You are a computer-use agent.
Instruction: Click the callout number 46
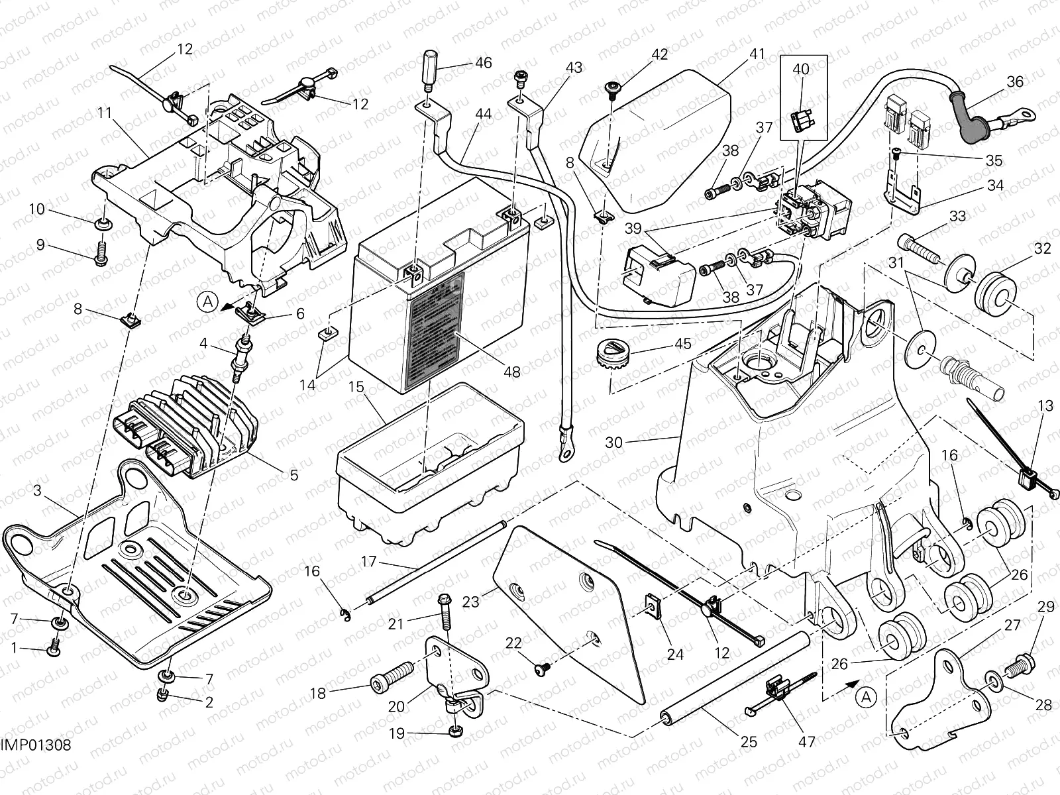(483, 64)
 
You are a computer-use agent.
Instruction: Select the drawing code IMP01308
(36, 746)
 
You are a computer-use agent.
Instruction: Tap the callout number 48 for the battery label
(511, 372)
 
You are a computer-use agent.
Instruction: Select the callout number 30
(613, 442)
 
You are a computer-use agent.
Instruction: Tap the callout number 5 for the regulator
(293, 474)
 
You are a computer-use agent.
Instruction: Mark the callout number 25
(749, 742)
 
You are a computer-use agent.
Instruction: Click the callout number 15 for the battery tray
(357, 386)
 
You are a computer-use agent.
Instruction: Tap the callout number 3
(37, 491)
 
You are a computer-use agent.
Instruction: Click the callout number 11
(104, 113)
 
